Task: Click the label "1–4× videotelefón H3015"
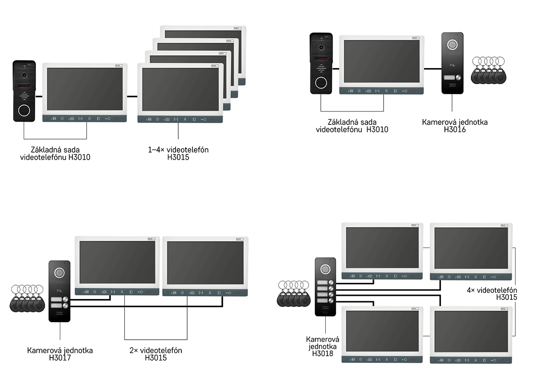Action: (178, 153)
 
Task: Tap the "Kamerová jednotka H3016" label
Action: (455, 126)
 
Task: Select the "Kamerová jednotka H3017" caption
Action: (60, 354)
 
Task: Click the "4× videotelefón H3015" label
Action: (492, 294)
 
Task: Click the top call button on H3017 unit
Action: (65, 299)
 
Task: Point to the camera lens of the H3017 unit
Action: (59, 273)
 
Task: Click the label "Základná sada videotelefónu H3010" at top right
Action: (352, 126)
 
